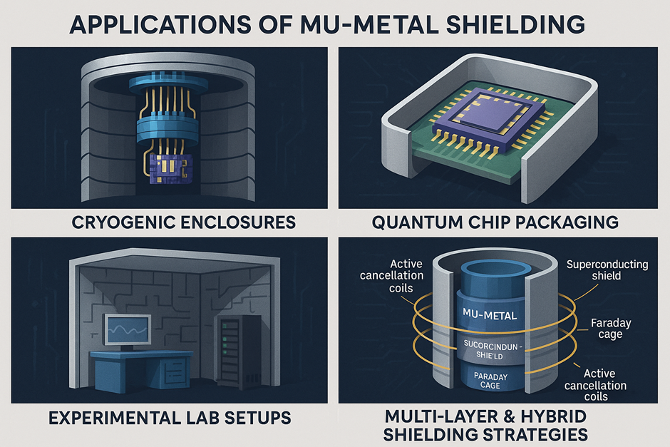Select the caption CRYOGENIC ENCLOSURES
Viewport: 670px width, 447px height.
tap(174, 222)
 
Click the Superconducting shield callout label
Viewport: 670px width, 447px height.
tap(607, 270)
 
